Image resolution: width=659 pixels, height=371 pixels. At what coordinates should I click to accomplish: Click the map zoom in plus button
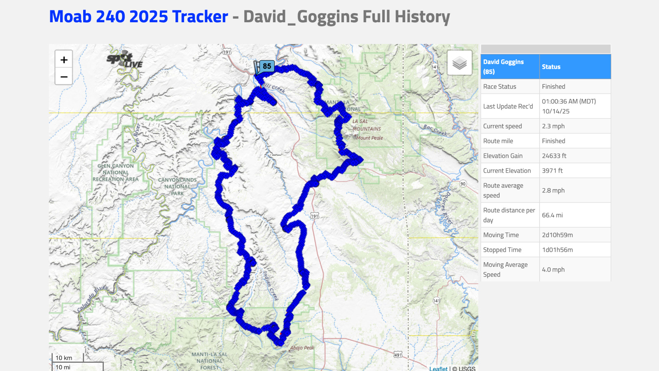point(64,60)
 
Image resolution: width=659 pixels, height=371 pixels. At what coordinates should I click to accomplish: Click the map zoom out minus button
point(64,77)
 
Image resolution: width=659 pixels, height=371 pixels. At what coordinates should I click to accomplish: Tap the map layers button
point(459,63)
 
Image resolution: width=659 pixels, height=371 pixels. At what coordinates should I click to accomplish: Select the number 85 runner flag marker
point(266,66)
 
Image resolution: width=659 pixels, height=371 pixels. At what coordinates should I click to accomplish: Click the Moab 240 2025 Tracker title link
point(138,16)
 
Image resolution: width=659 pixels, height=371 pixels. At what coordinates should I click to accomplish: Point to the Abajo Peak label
point(302,348)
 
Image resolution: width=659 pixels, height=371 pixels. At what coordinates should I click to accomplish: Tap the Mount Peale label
point(369,138)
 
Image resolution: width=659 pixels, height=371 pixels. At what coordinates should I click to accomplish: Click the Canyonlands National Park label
point(178,186)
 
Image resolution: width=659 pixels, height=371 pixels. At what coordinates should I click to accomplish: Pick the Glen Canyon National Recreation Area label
point(116,172)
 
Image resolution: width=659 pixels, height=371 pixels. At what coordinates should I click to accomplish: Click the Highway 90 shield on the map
point(463,184)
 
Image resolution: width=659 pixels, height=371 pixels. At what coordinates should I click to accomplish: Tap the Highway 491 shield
point(397,355)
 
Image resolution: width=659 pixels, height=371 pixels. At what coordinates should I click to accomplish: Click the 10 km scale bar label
point(64,358)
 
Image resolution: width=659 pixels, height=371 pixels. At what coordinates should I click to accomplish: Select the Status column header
point(551,67)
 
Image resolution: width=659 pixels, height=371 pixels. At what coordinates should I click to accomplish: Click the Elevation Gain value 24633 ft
point(554,156)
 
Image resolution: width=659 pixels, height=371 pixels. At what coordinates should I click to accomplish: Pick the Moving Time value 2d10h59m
point(557,235)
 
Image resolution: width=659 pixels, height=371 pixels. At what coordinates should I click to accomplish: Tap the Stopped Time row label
point(502,250)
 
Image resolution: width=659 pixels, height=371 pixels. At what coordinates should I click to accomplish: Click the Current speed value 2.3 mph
point(553,126)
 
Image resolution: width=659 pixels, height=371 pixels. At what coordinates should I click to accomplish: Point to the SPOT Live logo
point(124,61)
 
